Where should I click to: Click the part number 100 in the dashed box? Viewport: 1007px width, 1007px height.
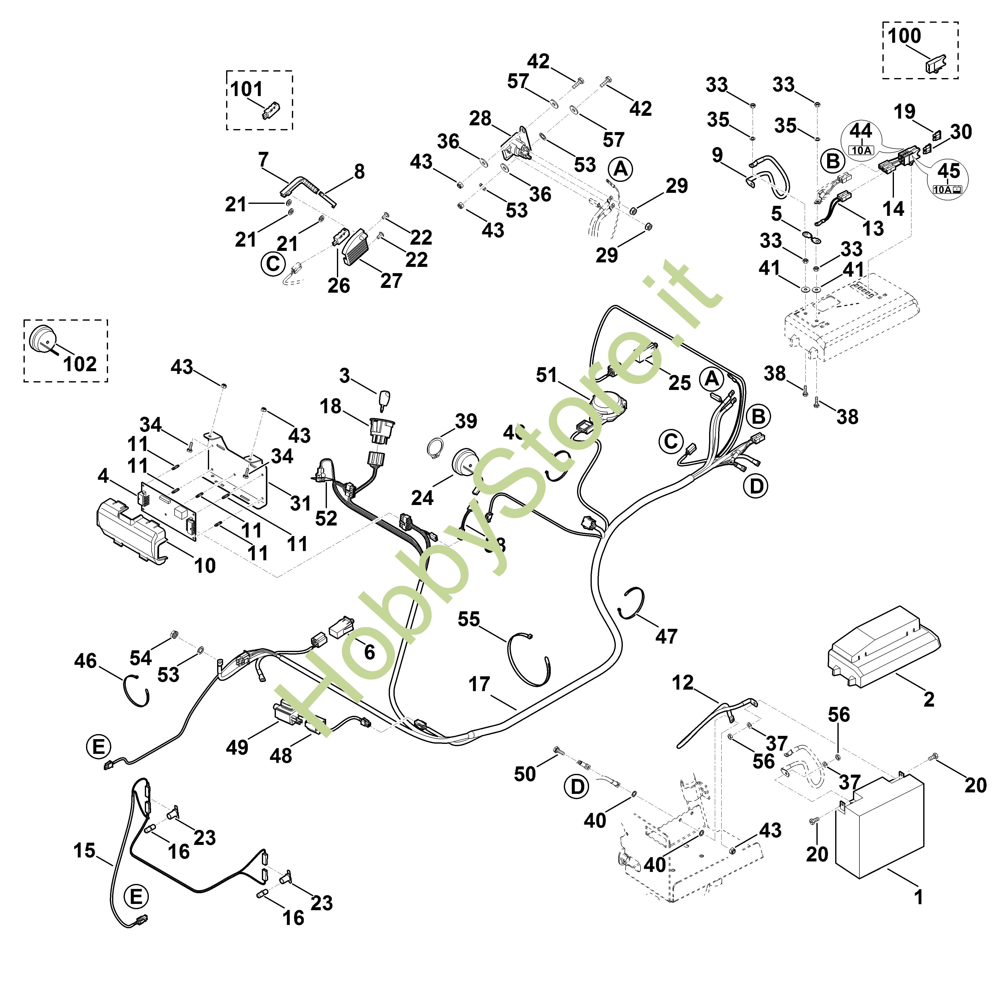[x=904, y=36]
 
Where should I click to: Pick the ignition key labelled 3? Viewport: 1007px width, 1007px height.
[x=387, y=401]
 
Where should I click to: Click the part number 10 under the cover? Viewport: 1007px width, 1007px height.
[x=205, y=566]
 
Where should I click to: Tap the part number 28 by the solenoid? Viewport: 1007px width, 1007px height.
[x=480, y=118]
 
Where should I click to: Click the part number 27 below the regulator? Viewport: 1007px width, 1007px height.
[x=391, y=280]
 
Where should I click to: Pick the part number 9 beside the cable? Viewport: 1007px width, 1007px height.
[x=717, y=155]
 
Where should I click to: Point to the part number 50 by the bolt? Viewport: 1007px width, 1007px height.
[x=525, y=774]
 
